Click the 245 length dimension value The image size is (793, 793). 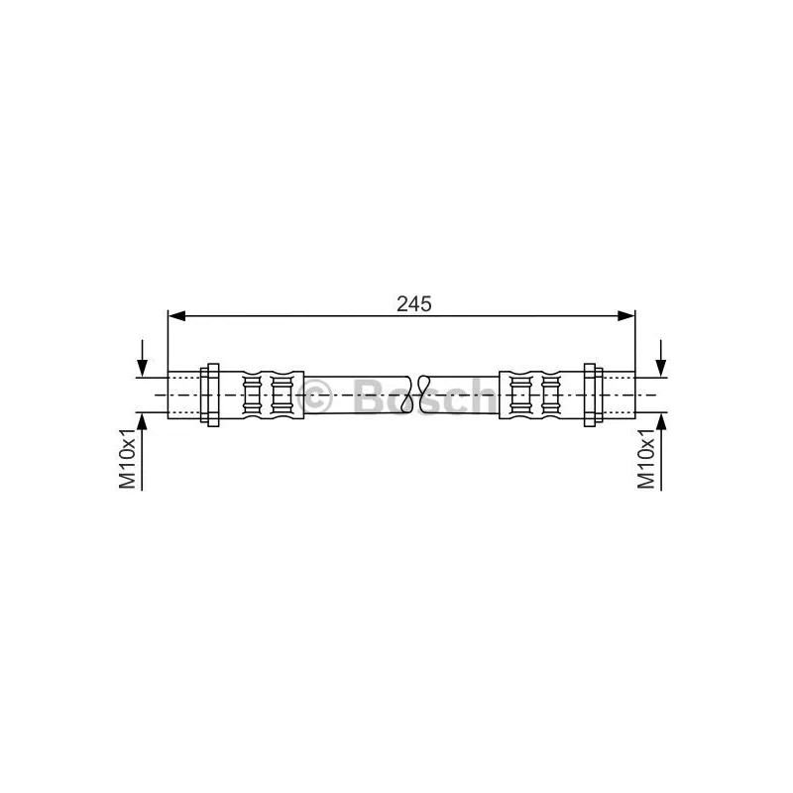414,304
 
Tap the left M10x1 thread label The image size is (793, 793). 128,458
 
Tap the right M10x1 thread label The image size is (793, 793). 646,458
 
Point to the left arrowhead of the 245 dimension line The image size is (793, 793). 176,316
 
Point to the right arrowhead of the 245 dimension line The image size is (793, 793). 626,316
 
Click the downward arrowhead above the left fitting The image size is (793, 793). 142,368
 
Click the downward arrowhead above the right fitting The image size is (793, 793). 660,368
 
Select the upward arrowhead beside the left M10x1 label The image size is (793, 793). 142,421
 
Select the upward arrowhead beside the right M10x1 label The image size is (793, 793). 660,421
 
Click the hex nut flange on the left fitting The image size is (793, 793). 210,395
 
